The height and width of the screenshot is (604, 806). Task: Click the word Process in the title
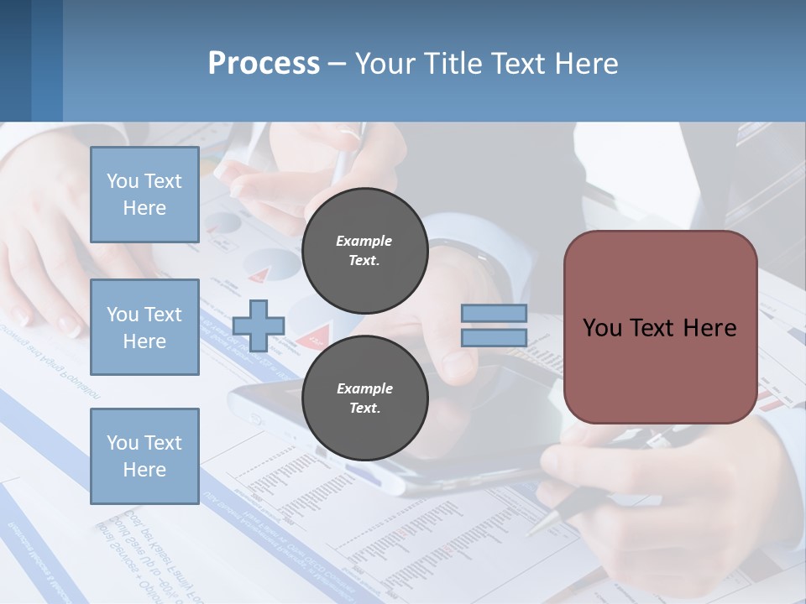coord(264,63)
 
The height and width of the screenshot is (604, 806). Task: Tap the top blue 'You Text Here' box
coord(144,195)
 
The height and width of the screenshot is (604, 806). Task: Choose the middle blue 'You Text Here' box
coord(144,327)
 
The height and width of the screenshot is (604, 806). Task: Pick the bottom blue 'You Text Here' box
coord(144,456)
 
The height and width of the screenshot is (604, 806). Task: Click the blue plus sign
coord(258,325)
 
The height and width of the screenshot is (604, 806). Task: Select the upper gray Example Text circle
coord(364,250)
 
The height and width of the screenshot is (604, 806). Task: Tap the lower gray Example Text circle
coord(364,398)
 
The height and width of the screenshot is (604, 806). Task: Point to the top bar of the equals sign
coord(494,313)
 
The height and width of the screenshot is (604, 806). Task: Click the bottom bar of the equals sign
coord(494,337)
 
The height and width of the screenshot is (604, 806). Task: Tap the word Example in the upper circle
coord(364,241)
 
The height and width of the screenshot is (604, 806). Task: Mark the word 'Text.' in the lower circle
coord(364,409)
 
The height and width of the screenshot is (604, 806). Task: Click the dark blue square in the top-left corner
coord(15,60)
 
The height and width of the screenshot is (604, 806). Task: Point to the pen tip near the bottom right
coord(534,528)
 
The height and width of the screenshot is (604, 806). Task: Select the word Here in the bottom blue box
coord(144,470)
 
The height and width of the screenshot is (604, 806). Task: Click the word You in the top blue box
coord(123,181)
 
